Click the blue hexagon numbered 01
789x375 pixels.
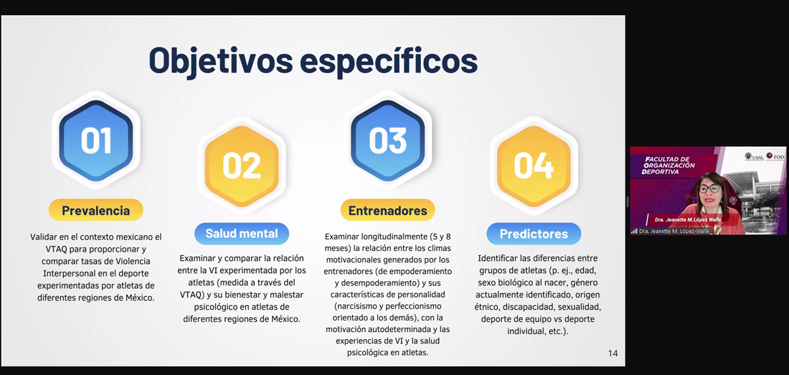point(96,141)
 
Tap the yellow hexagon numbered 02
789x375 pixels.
point(242,166)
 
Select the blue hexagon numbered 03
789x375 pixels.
point(387,141)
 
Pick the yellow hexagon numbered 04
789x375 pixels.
point(534,166)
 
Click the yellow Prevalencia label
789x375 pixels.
point(95,210)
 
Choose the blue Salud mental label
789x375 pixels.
point(242,234)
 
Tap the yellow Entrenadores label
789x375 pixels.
point(387,210)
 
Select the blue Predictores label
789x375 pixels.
point(534,234)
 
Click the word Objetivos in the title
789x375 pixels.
point(221,61)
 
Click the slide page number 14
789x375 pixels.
point(613,353)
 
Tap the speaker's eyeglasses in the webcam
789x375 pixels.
point(709,189)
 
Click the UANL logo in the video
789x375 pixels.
point(755,157)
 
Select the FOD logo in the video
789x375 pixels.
point(775,157)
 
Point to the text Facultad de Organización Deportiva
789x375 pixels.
point(670,166)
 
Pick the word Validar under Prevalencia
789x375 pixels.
point(44,237)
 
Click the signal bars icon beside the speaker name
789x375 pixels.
point(634,231)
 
